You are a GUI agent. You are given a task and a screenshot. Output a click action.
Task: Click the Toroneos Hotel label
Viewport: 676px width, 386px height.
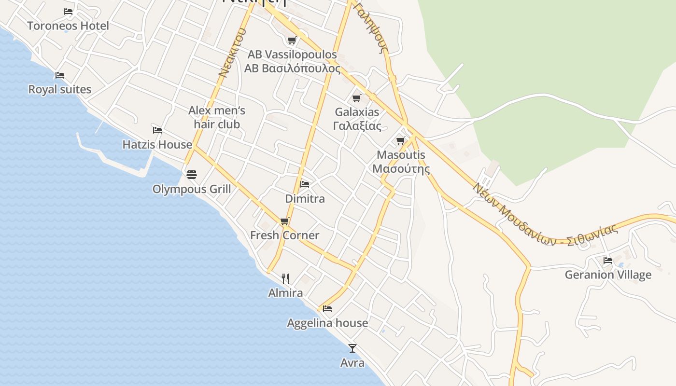pyautogui.click(x=68, y=26)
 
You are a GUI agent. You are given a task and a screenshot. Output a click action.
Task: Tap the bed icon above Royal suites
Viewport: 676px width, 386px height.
pyautogui.click(x=60, y=75)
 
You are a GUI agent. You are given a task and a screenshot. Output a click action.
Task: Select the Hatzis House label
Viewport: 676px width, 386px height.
pyautogui.click(x=157, y=144)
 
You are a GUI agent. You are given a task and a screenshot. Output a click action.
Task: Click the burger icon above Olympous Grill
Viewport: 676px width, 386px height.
pyautogui.click(x=192, y=175)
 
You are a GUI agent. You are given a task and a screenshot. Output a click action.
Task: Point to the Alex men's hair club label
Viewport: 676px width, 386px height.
pyautogui.click(x=217, y=117)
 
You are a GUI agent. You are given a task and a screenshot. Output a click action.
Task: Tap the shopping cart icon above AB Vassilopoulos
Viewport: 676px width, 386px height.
pyautogui.click(x=292, y=40)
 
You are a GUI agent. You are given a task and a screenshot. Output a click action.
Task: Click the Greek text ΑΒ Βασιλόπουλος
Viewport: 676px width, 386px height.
pyautogui.click(x=292, y=69)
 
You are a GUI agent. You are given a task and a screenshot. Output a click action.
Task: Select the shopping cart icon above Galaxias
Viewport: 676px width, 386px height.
pyautogui.click(x=357, y=98)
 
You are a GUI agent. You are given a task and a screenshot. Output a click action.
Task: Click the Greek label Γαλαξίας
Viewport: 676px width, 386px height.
pyautogui.click(x=357, y=126)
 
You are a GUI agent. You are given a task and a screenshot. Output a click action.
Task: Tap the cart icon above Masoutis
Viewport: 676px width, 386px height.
pyautogui.click(x=400, y=141)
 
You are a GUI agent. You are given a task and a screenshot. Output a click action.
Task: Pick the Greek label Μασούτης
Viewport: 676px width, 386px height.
pyautogui.click(x=401, y=169)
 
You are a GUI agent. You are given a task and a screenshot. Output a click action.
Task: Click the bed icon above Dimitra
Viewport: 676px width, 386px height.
pyautogui.click(x=305, y=184)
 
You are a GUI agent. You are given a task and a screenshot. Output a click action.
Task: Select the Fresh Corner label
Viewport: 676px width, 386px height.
pyautogui.click(x=284, y=235)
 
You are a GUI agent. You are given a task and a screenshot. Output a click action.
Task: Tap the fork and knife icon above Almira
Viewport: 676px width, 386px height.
pyautogui.click(x=285, y=278)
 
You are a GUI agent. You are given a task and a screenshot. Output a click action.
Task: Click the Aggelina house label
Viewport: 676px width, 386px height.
pyautogui.click(x=327, y=323)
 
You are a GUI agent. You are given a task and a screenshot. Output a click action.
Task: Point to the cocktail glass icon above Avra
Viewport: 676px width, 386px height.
pyautogui.click(x=352, y=348)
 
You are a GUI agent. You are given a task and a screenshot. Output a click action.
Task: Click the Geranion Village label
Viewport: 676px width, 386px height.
pyautogui.click(x=608, y=275)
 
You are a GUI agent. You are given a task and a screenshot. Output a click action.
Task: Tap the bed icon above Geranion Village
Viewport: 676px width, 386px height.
pyautogui.click(x=608, y=261)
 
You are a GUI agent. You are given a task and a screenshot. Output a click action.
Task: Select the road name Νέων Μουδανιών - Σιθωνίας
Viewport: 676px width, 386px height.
pyautogui.click(x=546, y=216)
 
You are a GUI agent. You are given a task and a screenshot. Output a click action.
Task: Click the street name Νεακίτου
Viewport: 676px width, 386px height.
pyautogui.click(x=232, y=53)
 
